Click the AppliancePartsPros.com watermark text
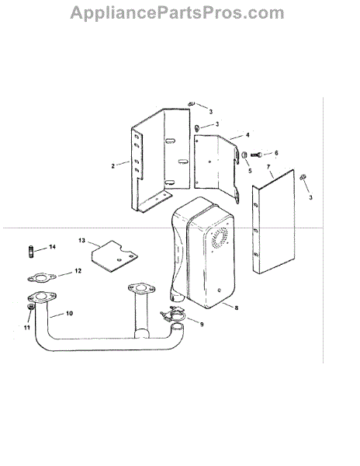[177, 13]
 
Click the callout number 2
[112, 166]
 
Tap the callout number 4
[247, 135]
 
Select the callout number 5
[250, 171]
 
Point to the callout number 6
[276, 153]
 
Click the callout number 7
[268, 167]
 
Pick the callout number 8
[236, 308]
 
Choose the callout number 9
[202, 324]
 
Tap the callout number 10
[69, 313]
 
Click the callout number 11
[27, 328]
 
